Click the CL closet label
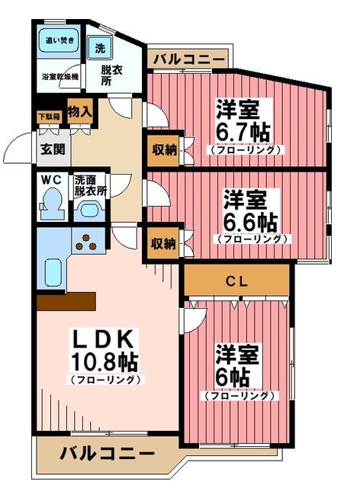click(x=236, y=281)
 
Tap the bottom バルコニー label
click(x=107, y=453)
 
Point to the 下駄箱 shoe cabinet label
click(x=51, y=116)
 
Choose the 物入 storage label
click(x=79, y=112)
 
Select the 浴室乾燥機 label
click(x=59, y=76)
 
